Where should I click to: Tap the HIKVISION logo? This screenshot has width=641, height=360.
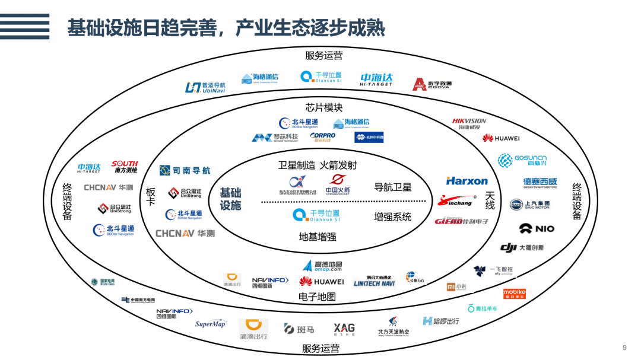pos(469,123)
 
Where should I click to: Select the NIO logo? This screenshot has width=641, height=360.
pos(537,228)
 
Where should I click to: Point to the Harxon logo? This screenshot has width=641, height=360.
pos(467,181)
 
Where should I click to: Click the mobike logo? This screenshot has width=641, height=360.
pos(514,294)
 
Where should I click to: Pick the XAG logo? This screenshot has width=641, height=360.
pos(344,329)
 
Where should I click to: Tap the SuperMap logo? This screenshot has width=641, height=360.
pos(211,324)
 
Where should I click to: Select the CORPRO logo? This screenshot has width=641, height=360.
pos(323,136)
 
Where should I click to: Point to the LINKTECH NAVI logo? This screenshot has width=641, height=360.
pos(374,283)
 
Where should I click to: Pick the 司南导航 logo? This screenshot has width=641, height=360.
pos(185,171)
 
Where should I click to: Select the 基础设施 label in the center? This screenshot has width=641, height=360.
pos(230,199)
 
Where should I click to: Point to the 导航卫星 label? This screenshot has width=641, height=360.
pos(392,187)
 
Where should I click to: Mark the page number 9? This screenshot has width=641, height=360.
pos(624,348)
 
